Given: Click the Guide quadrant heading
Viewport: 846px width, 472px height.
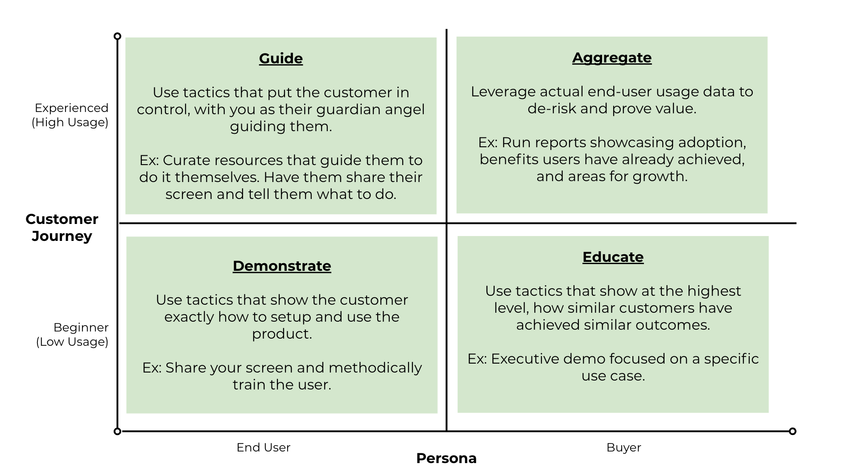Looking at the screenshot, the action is point(281,58).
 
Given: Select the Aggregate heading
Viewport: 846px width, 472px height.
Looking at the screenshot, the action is point(612,58).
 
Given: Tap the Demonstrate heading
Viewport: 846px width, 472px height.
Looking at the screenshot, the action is point(282,266).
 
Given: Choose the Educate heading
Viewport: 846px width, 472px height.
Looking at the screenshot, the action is point(613,257).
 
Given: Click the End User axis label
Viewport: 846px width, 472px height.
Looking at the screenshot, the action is point(264,447).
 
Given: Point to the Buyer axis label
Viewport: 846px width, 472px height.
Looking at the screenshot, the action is point(624,447).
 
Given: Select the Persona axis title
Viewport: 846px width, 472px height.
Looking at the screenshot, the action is point(446,458).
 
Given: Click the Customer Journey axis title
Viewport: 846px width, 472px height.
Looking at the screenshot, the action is point(62,228).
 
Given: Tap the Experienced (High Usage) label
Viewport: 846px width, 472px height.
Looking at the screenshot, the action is point(70,115).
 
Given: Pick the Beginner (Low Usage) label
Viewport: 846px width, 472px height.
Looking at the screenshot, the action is point(72,335).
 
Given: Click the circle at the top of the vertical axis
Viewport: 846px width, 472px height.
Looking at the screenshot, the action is point(117,36).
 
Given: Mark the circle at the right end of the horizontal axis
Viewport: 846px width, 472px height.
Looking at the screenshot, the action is point(792,431).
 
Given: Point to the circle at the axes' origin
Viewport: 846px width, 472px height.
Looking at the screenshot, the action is point(117,431).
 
